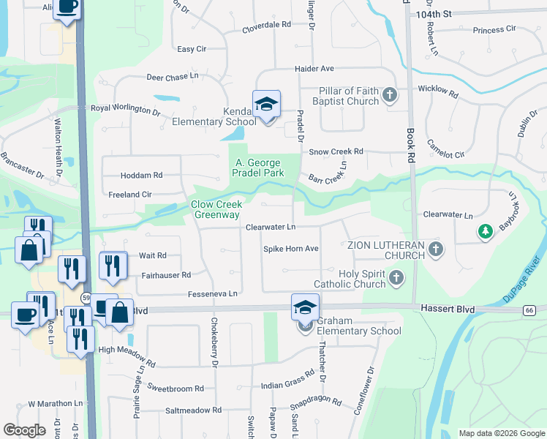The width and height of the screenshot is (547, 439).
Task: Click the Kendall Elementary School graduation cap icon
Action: [266, 103]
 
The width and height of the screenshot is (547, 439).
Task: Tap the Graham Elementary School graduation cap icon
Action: [305, 307]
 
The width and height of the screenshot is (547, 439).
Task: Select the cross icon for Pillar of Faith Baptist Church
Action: [390, 94]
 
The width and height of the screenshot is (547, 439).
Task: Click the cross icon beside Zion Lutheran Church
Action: [436, 249]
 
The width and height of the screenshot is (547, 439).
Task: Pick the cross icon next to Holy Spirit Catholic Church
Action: [396, 277]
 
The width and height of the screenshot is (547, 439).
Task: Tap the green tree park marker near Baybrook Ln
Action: [484, 232]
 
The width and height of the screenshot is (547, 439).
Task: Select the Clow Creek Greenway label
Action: [216, 209]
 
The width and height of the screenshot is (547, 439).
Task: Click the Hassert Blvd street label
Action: [445, 309]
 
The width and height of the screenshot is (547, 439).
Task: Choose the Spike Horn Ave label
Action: [290, 249]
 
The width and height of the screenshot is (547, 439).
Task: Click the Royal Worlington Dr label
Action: [124, 109]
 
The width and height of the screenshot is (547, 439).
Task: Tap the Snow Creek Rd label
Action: [336, 151]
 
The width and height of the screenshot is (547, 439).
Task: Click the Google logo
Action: [25, 430]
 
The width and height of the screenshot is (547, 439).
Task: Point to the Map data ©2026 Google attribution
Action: [501, 433]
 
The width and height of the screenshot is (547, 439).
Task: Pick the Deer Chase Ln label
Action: [173, 75]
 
